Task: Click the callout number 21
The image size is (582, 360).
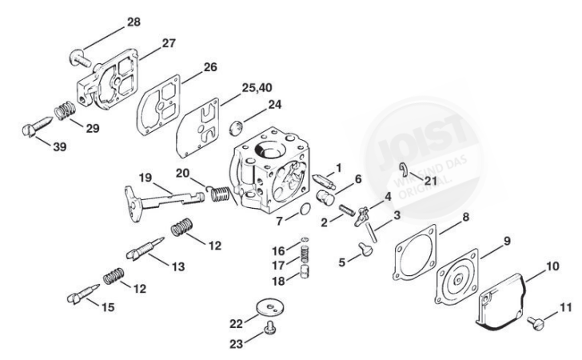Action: pos(431,181)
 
